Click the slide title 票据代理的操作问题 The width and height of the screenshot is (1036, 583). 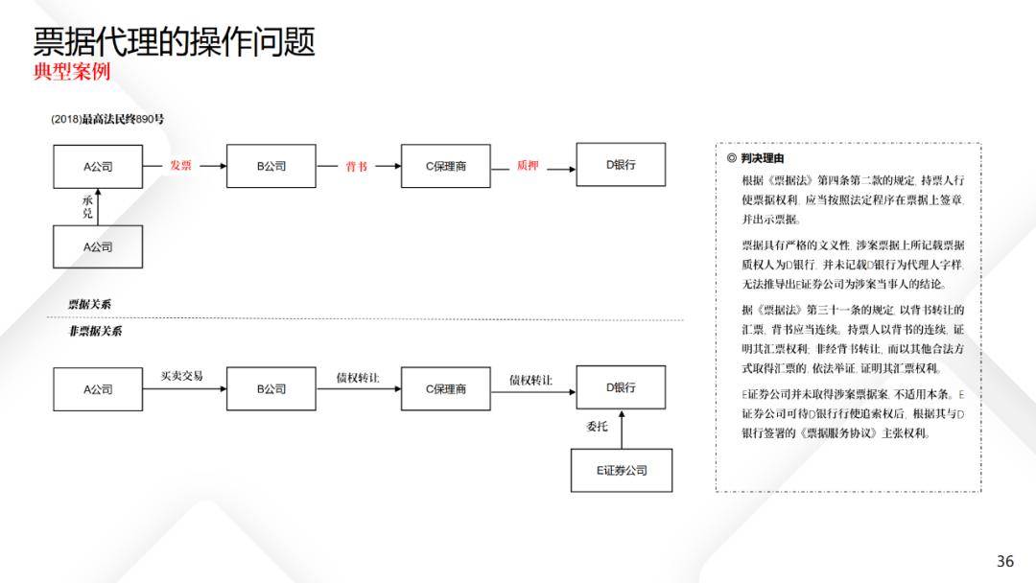(x=175, y=41)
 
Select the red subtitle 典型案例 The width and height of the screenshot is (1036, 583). (x=72, y=71)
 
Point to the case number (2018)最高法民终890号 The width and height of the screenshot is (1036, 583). (x=107, y=119)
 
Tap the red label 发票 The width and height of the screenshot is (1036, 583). (x=180, y=166)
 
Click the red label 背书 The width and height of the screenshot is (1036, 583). (x=356, y=167)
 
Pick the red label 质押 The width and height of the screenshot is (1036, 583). (x=528, y=166)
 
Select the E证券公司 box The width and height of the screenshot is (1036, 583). (x=622, y=470)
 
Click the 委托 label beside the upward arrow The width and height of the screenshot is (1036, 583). (x=597, y=427)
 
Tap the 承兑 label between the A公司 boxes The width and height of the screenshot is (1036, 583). (x=87, y=207)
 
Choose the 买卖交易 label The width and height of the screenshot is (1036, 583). (x=181, y=376)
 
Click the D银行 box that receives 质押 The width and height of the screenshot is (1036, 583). (x=621, y=164)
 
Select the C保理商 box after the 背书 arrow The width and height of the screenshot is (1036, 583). (x=446, y=166)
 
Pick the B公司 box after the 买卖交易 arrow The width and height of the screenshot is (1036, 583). (x=271, y=389)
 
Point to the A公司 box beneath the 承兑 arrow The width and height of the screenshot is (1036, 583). (x=98, y=246)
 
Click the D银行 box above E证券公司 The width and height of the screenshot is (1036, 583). (x=621, y=387)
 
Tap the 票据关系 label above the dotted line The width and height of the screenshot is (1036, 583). (x=89, y=304)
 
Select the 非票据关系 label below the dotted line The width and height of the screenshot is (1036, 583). (x=95, y=331)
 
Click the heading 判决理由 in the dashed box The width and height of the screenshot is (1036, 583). (x=763, y=158)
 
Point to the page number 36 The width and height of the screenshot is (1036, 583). (x=1005, y=561)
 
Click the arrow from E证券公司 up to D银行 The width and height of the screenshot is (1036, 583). (x=622, y=430)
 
